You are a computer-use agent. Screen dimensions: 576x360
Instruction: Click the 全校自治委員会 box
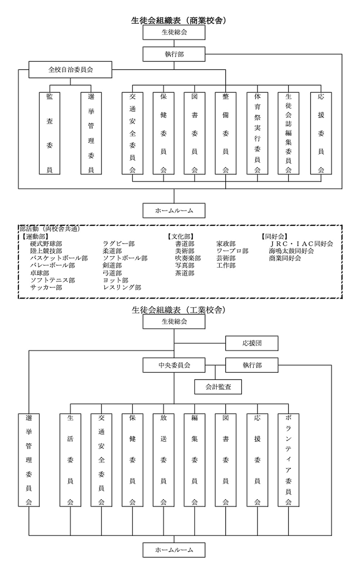pyautogui.click(x=71, y=69)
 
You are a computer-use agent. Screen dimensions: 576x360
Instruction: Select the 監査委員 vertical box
pyautogui.click(x=50, y=133)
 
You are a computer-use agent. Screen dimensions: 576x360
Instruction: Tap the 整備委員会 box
pyautogui.click(x=226, y=133)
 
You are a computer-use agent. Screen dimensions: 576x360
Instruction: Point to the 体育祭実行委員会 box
pyautogui.click(x=257, y=133)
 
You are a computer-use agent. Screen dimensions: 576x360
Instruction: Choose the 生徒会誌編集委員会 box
pyautogui.click(x=288, y=133)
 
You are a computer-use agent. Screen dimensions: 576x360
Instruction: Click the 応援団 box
pyautogui.click(x=252, y=343)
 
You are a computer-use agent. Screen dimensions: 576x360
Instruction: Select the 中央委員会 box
pyautogui.click(x=174, y=365)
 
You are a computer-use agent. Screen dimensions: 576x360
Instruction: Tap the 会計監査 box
pyautogui.click(x=218, y=387)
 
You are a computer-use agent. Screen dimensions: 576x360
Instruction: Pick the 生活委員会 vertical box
pyautogui.click(x=70, y=460)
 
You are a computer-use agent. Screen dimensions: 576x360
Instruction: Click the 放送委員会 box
pyautogui.click(x=163, y=460)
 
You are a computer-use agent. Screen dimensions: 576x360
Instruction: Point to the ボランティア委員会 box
pyautogui.click(x=288, y=460)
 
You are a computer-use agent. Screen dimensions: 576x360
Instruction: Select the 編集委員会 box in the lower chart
pyautogui.click(x=194, y=460)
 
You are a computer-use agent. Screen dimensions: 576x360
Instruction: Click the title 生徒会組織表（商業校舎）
pyautogui.click(x=179, y=20)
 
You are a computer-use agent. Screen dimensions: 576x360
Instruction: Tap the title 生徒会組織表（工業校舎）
pyautogui.click(x=179, y=310)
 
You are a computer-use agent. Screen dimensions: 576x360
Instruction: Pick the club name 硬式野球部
pyautogui.click(x=46, y=244)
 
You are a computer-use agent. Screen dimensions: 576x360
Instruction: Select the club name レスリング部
pyautogui.click(x=122, y=287)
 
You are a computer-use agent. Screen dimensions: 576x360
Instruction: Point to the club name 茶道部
pyautogui.click(x=185, y=273)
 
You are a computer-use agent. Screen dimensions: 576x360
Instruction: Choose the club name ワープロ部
pyautogui.click(x=232, y=251)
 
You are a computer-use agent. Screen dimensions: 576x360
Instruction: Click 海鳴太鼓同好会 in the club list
pyautogui.click(x=291, y=251)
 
